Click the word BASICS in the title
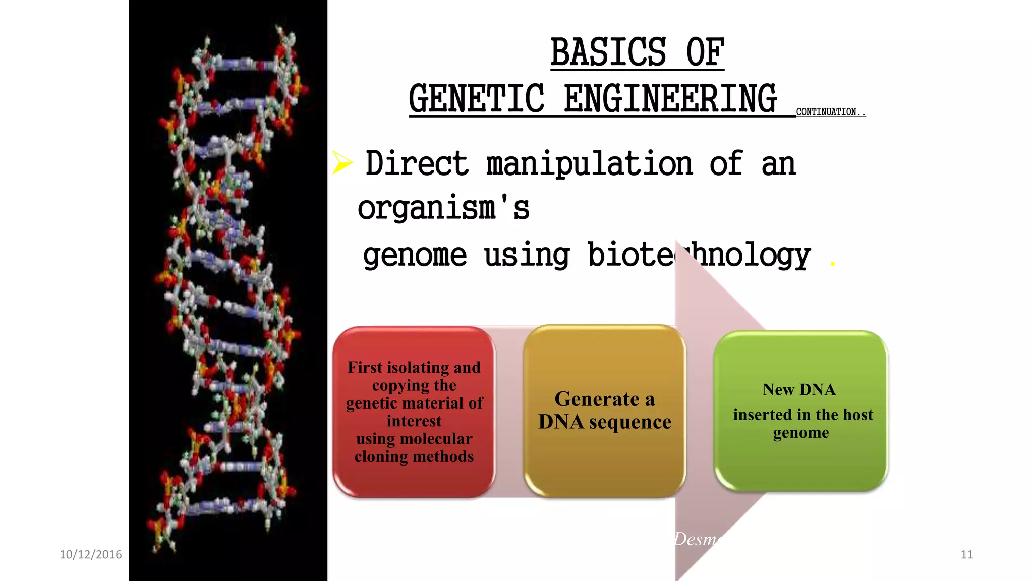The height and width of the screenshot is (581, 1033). [x=608, y=52]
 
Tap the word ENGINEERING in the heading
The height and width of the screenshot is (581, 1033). [x=670, y=99]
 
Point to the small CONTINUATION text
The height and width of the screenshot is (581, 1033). [x=830, y=112]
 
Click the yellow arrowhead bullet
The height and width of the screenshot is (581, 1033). [x=342, y=162]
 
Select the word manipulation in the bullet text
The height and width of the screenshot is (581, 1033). [x=590, y=164]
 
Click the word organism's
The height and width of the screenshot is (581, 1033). [x=443, y=208]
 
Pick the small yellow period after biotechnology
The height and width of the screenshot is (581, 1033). [x=833, y=263]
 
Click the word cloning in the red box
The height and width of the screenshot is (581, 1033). [x=380, y=456]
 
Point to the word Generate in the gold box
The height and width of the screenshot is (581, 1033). [x=597, y=399]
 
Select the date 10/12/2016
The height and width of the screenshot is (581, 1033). [x=91, y=554]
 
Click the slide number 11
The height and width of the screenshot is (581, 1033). [x=966, y=554]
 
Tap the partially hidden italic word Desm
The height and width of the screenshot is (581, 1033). [x=696, y=539]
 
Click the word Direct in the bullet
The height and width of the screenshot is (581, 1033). [x=417, y=164]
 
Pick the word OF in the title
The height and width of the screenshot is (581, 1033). [x=705, y=52]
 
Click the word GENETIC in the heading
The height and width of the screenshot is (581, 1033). [x=477, y=99]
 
